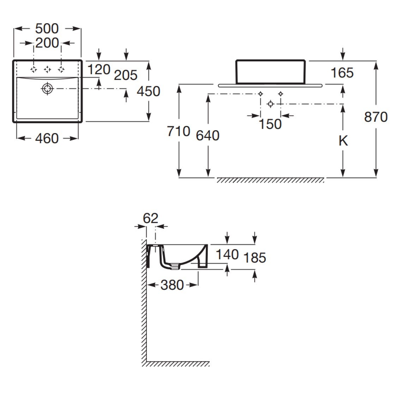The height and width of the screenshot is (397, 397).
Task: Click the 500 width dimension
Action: tap(47, 29)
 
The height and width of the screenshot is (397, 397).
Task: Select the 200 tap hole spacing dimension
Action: tap(47, 43)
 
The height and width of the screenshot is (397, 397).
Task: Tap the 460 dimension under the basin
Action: tap(47, 138)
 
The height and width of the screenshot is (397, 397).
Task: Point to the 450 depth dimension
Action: tap(149, 91)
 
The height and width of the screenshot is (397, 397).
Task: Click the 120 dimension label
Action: tap(99, 70)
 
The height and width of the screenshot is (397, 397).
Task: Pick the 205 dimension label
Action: tap(126, 75)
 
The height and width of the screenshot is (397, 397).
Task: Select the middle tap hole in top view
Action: tap(47, 69)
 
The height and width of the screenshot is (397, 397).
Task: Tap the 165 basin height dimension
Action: tap(342, 73)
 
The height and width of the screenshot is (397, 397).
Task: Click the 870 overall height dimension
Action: tap(376, 117)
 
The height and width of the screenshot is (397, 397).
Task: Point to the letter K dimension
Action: tap(343, 141)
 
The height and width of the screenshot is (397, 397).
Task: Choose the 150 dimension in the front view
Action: tap(270, 124)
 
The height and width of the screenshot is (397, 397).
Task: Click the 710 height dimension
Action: tap(179, 131)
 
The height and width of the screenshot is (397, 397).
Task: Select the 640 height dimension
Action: tap(208, 136)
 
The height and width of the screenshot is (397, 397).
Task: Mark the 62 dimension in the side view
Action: tap(151, 218)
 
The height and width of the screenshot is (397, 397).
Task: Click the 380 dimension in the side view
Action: tap(172, 285)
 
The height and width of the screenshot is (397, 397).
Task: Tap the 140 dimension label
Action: tap(227, 254)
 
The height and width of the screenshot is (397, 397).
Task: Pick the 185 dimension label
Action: tap(255, 258)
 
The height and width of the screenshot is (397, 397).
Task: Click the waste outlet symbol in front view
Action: tap(270, 104)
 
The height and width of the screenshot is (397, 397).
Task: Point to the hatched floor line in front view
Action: tap(270, 180)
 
